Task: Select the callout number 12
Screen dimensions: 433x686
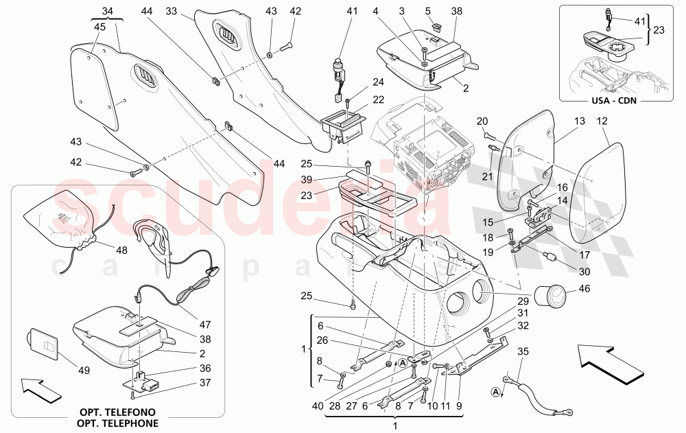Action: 602,121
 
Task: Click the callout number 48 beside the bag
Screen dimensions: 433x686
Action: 121,250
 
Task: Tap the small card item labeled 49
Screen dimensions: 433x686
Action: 42,343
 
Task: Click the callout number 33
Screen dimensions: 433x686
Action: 171,11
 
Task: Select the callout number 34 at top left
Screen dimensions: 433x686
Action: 105,11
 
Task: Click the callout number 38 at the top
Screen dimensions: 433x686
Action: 458,11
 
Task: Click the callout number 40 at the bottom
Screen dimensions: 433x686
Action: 316,406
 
